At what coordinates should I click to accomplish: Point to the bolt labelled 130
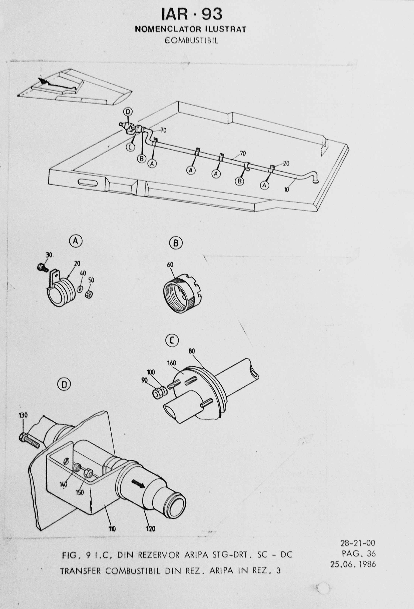[29, 422]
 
